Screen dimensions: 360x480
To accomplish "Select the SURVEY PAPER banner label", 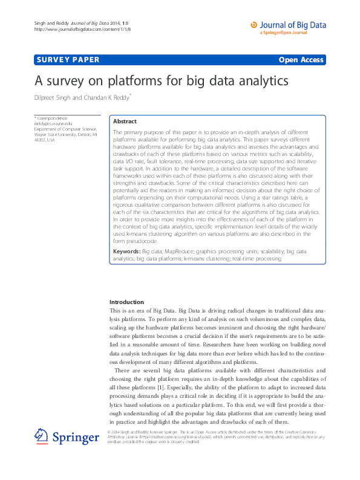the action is (x=67, y=59).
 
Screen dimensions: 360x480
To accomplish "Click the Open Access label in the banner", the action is (x=301, y=59).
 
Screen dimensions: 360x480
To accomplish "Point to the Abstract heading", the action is (x=125, y=122).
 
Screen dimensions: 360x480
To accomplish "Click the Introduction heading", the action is (x=126, y=302).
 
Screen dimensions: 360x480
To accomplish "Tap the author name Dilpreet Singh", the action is (x=56, y=97).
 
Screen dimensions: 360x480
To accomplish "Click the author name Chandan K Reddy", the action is (x=114, y=97).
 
